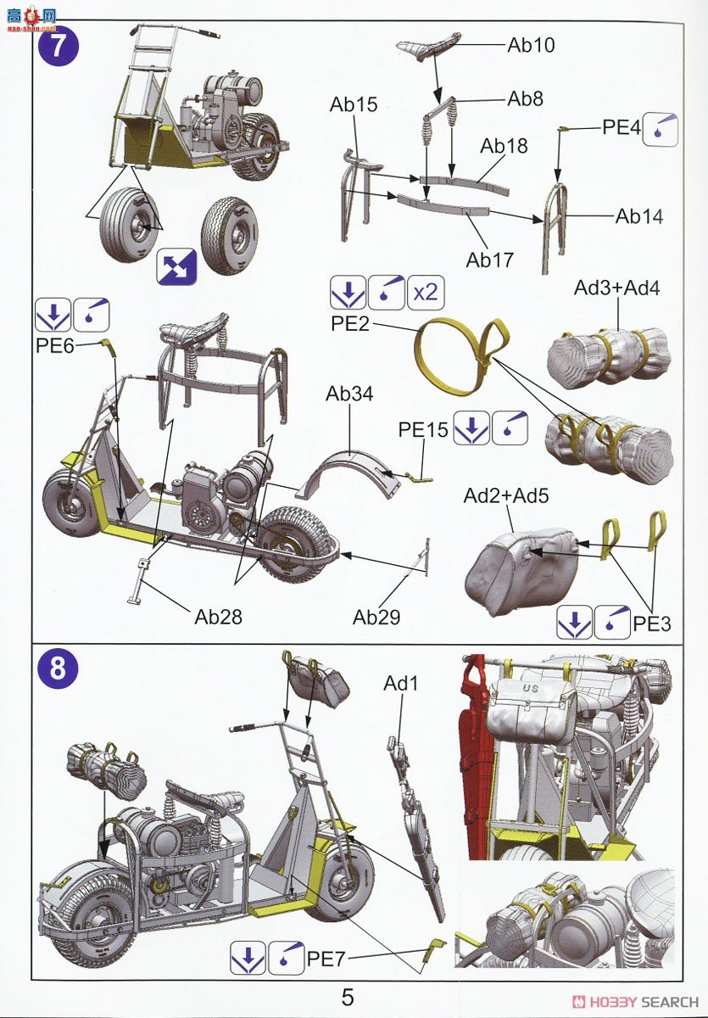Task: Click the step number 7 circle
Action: [58, 46]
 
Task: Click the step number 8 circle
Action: [58, 669]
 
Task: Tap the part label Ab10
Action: [531, 45]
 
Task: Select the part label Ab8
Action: [525, 98]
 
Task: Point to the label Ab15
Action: [354, 105]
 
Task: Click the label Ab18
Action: [504, 146]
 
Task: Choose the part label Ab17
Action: [490, 260]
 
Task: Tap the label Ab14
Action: [639, 215]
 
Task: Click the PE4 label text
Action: [621, 127]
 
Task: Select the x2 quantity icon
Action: [426, 293]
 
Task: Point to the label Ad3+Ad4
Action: [616, 288]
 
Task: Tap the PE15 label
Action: [422, 430]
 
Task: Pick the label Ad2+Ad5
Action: [506, 495]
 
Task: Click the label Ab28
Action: [218, 617]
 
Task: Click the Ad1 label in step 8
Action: [399, 683]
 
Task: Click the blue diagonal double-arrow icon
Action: [178, 267]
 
